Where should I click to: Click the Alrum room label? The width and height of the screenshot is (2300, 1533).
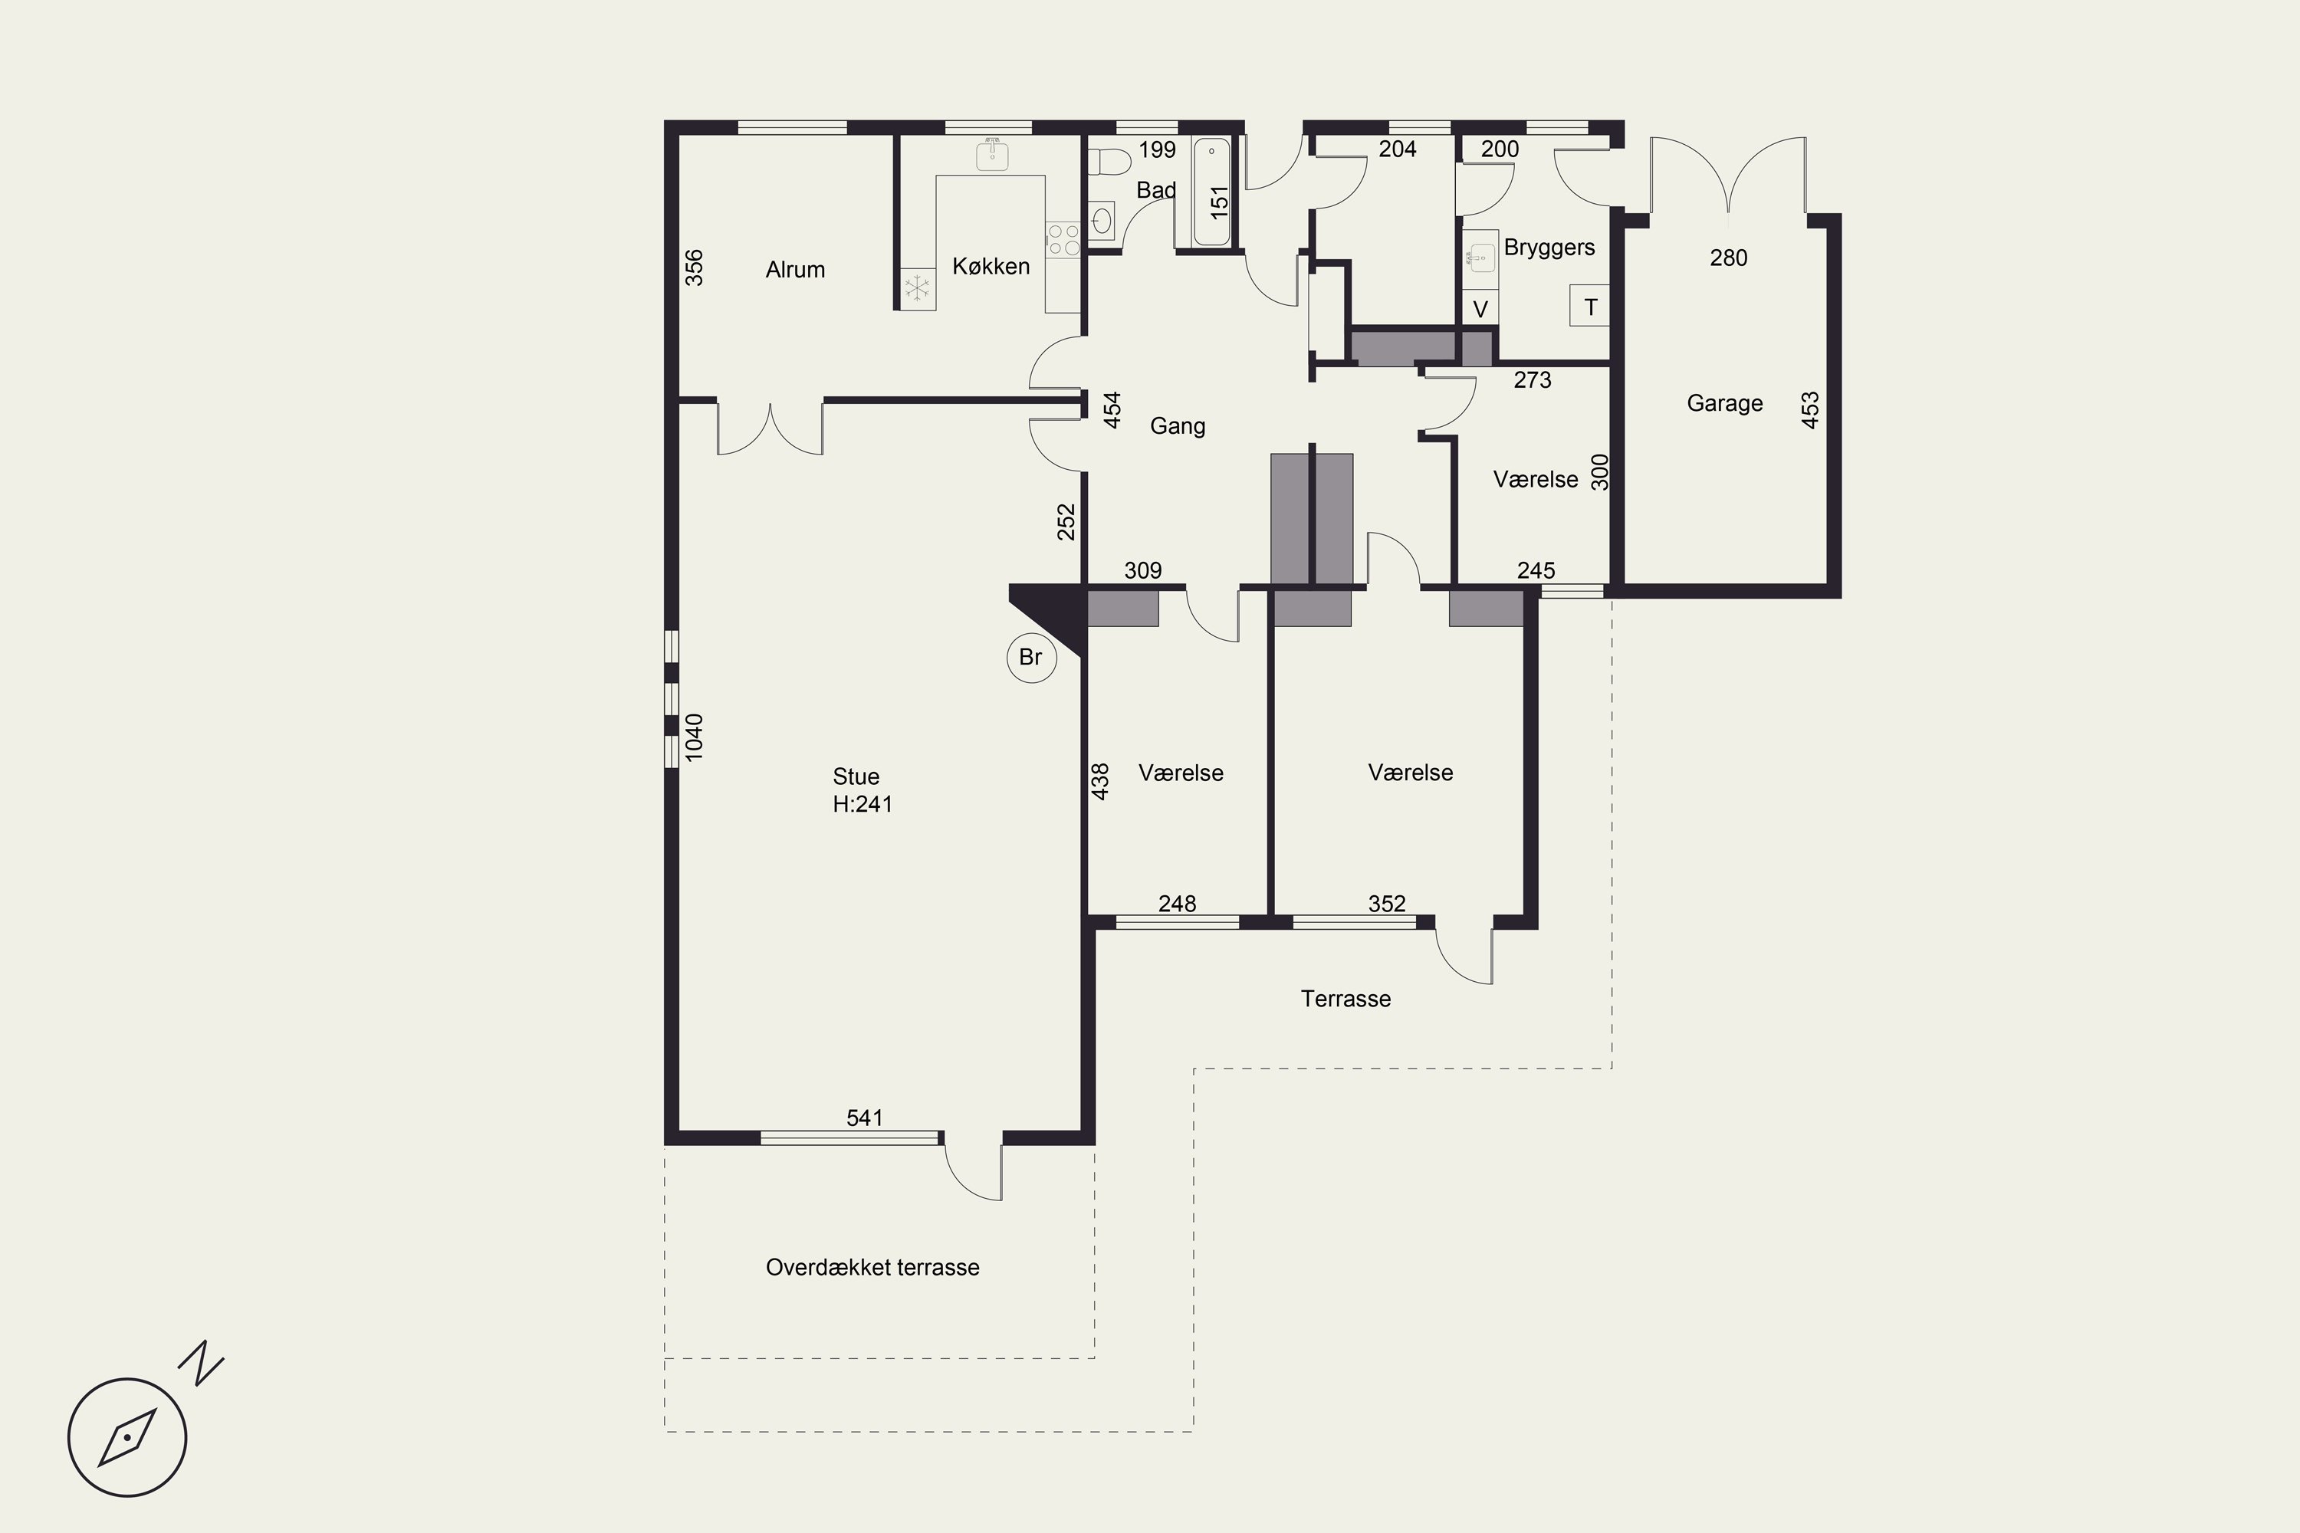pyautogui.click(x=795, y=270)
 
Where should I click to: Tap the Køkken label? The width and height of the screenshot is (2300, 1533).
pyautogui.click(x=991, y=266)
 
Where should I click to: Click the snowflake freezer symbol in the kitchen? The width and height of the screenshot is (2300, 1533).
pyautogui.click(x=917, y=288)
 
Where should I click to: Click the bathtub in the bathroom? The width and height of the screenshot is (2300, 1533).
pyautogui.click(x=1211, y=191)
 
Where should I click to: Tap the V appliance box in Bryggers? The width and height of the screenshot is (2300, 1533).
pyautogui.click(x=1480, y=309)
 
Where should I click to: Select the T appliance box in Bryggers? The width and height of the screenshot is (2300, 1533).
pyautogui.click(x=1590, y=306)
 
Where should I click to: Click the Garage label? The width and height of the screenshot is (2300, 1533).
pyautogui.click(x=1724, y=403)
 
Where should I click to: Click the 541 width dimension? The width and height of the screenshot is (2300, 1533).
pyautogui.click(x=865, y=1118)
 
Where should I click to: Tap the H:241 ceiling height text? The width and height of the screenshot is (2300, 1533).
pyautogui.click(x=863, y=803)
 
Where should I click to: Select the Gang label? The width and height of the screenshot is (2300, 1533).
pyautogui.click(x=1178, y=426)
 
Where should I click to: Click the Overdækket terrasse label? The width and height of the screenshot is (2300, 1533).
pyautogui.click(x=872, y=1267)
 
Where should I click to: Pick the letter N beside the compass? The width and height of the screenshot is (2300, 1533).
pyautogui.click(x=202, y=1363)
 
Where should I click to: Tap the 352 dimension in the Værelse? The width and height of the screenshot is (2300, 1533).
pyautogui.click(x=1387, y=904)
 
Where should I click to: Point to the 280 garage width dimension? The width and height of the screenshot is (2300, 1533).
pyautogui.click(x=1728, y=258)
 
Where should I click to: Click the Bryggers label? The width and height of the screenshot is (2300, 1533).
pyautogui.click(x=1549, y=248)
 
